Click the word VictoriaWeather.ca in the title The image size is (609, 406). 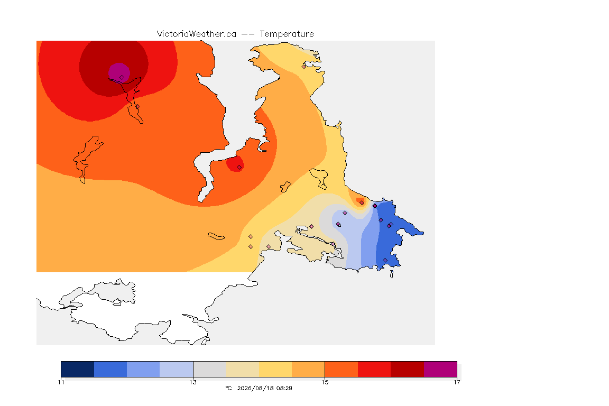click(x=197, y=34)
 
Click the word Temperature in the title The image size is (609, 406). click(x=287, y=34)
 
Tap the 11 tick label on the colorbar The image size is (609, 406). click(x=61, y=382)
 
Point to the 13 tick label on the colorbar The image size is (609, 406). click(x=193, y=382)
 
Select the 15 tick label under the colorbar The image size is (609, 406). click(x=325, y=382)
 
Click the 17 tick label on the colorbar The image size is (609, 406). click(x=457, y=382)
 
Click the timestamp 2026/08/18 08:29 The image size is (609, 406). click(x=264, y=388)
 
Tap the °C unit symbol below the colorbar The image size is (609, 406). click(x=228, y=388)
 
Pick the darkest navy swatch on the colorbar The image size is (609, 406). click(x=78, y=369)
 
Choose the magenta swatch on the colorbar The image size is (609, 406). click(x=440, y=369)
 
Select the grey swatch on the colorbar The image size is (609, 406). click(x=209, y=369)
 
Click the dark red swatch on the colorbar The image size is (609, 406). click(x=407, y=369)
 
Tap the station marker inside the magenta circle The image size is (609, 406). click(x=122, y=78)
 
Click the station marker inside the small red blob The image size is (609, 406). click(x=239, y=168)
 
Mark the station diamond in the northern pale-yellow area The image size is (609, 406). click(x=304, y=67)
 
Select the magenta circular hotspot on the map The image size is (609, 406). click(x=119, y=72)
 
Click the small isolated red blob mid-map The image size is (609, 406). click(x=235, y=163)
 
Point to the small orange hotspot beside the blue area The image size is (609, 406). click(x=360, y=201)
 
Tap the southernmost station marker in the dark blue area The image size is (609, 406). click(x=385, y=260)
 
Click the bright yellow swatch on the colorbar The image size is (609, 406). click(x=275, y=369)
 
